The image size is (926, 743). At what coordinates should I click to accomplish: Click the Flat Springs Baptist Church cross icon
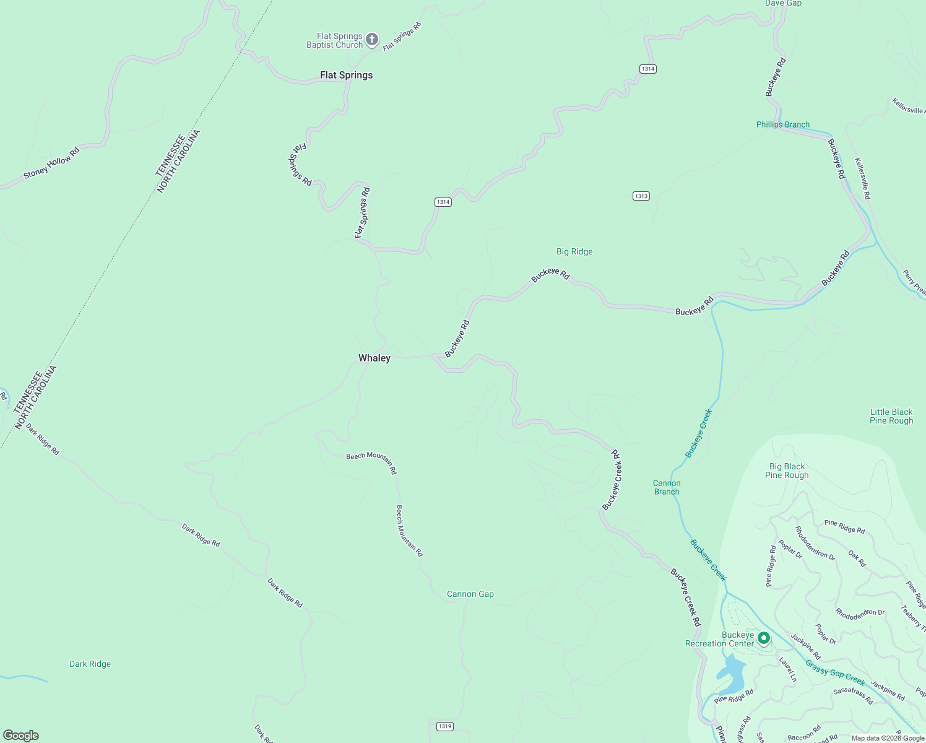tap(371, 40)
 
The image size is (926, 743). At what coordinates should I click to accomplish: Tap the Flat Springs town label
tap(346, 75)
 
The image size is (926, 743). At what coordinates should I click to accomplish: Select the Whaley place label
tap(374, 358)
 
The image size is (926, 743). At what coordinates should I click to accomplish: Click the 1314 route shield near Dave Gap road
tap(648, 69)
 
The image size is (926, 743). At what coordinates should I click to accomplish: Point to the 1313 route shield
tap(641, 196)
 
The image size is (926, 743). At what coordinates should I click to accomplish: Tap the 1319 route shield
tap(444, 726)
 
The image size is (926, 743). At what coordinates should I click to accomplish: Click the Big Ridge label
tap(574, 251)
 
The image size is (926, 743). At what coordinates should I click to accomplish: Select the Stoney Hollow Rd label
tap(51, 163)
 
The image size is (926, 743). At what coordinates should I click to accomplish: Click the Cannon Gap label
tap(470, 594)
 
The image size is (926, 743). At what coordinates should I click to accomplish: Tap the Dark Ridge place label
tap(90, 664)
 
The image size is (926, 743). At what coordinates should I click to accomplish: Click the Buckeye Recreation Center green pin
tap(764, 638)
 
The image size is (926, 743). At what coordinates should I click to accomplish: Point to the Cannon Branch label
tap(667, 487)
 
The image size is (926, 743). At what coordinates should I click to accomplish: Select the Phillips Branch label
tap(782, 124)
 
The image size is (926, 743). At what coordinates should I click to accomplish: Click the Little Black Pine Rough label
tap(891, 416)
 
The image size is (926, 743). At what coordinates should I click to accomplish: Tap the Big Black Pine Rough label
tap(787, 471)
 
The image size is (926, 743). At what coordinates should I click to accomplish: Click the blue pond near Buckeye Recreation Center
tap(731, 675)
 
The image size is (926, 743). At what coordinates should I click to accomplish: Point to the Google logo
tap(20, 736)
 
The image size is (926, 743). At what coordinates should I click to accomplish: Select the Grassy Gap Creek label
tap(835, 672)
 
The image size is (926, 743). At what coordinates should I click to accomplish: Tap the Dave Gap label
tap(783, 3)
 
